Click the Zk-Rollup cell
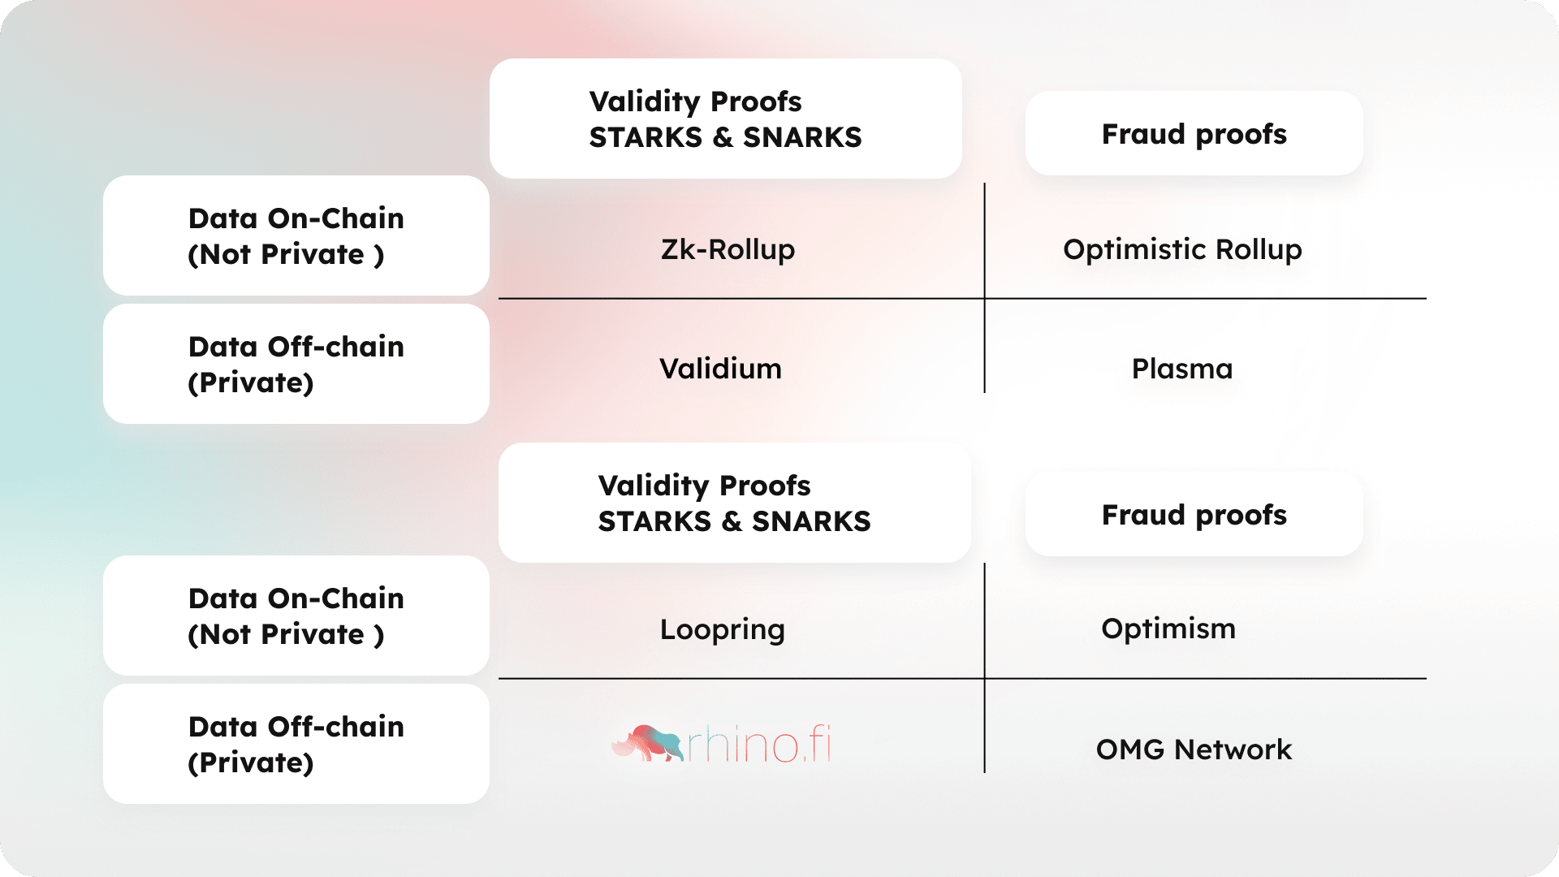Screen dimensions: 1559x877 pyautogui.click(x=728, y=249)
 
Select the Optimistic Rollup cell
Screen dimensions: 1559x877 pyautogui.click(x=1182, y=249)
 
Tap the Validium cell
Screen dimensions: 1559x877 pyautogui.click(x=720, y=369)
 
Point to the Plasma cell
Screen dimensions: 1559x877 pyautogui.click(x=1182, y=369)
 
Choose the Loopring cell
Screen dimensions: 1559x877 pyautogui.click(x=723, y=630)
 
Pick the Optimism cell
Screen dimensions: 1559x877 pyautogui.click(x=1168, y=629)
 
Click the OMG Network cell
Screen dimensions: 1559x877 pyautogui.click(x=1194, y=750)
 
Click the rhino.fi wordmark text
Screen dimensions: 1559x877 pyautogui.click(x=759, y=744)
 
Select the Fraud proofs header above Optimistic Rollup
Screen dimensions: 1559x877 pyautogui.click(x=1194, y=134)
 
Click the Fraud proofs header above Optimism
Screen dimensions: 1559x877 pyautogui.click(x=1194, y=515)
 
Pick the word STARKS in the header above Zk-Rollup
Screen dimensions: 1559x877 pyautogui.click(x=646, y=137)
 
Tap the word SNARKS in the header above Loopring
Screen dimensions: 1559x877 pyautogui.click(x=811, y=521)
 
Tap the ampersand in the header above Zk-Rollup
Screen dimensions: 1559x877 pyautogui.click(x=723, y=137)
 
